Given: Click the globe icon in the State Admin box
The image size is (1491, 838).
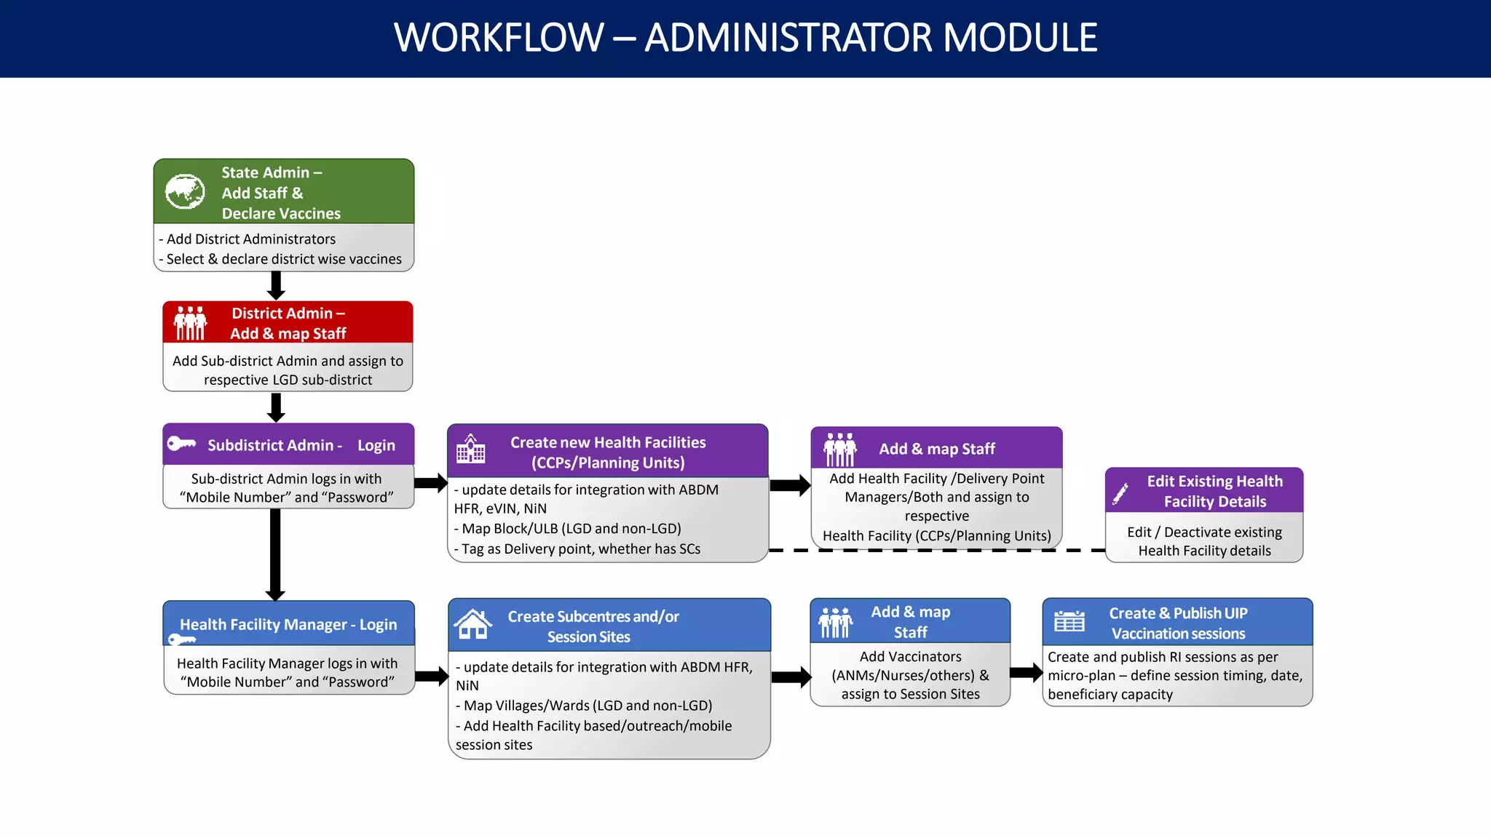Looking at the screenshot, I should pyautogui.click(x=185, y=192).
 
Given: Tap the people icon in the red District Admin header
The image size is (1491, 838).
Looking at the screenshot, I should pyautogui.click(x=191, y=324).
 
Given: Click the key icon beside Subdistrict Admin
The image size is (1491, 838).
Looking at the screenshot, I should pyautogui.click(x=181, y=444).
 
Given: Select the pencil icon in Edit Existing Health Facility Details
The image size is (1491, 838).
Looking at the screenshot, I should pyautogui.click(x=1120, y=494).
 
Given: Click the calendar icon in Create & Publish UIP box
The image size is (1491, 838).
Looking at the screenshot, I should pyautogui.click(x=1069, y=622).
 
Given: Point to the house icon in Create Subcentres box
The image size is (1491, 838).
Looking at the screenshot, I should pyautogui.click(x=473, y=624).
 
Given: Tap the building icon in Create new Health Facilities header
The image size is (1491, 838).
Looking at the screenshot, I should pyautogui.click(x=470, y=450).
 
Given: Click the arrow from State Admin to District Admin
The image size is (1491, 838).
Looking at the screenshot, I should pyautogui.click(x=276, y=285).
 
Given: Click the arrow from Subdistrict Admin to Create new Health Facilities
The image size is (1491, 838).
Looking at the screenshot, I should pyautogui.click(x=430, y=483).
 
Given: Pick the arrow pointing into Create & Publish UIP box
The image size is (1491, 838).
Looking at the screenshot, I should pyautogui.click(x=1027, y=673).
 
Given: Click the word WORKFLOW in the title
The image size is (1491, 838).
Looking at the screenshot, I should pyautogui.click(x=499, y=38).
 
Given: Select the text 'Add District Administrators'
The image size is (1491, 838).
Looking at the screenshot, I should pyautogui.click(x=250, y=239).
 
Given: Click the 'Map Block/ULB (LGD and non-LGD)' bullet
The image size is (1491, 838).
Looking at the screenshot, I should pyautogui.click(x=571, y=529).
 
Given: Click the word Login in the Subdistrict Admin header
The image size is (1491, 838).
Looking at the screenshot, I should pyautogui.click(x=376, y=445).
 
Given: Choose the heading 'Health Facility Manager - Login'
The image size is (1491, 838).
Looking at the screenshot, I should pyautogui.click(x=288, y=624).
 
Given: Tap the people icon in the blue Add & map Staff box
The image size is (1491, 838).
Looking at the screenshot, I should pyautogui.click(x=835, y=623).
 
